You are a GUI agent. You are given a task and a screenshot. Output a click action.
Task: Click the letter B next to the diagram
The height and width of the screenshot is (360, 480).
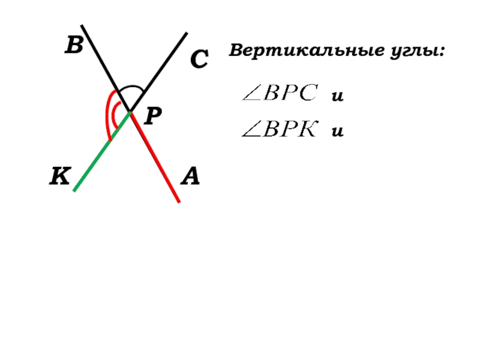point(74,46)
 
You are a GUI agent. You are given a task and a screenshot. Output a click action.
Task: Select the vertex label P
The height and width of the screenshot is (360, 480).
point(152,116)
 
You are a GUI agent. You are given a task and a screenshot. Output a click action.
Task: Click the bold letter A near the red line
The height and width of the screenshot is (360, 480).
point(190,177)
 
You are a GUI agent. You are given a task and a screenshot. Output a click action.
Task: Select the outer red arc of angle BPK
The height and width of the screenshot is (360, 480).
point(106,114)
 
